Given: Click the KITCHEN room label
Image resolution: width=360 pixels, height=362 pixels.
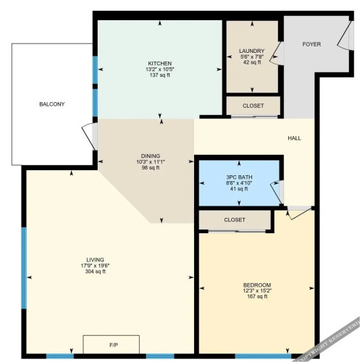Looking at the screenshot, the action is tap(160, 64).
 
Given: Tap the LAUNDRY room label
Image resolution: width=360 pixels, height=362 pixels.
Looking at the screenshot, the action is tap(251, 51).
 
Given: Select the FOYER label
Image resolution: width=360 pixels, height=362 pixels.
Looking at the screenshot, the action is tap(311, 44).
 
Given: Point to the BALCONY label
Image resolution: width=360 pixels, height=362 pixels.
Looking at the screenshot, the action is tap(52, 104).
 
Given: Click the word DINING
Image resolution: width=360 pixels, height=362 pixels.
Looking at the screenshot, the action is tap(151, 156).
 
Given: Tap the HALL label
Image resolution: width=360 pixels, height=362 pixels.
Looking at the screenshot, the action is tap(294, 138).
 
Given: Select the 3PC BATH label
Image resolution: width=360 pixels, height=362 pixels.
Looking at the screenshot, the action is tap(239, 177).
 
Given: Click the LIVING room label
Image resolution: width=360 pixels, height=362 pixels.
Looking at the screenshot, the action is tap(96, 260).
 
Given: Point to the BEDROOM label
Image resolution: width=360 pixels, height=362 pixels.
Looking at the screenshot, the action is tap(257, 285).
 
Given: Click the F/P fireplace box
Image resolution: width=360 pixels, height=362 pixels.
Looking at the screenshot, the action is tap(111, 345).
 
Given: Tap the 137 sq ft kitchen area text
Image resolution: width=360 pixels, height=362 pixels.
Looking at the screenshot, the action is tap(160, 75).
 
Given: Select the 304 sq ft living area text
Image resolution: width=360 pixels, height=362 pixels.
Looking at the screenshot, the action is tap(96, 271).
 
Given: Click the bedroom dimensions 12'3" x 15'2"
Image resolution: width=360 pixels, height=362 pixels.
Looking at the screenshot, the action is tap(257, 290).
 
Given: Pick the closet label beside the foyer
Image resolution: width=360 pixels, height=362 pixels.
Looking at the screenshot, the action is tap(253, 106).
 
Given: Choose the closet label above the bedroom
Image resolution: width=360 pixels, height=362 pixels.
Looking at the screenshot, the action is tap(235, 220).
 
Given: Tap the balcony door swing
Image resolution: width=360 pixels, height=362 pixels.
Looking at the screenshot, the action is tap(89, 135).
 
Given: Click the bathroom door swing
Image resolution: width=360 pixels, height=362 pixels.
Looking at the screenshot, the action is tap(276, 192).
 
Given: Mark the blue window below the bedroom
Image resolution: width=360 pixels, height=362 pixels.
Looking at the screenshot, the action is tap(263, 356).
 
